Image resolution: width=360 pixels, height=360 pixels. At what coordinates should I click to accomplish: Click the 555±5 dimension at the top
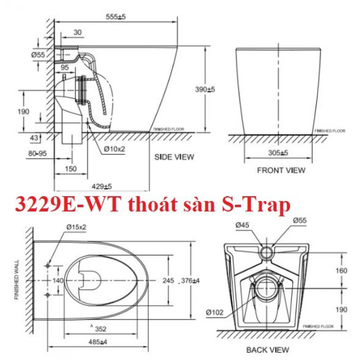click(x=116, y=17)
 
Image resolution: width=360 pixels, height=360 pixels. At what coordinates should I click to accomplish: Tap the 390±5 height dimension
click(x=205, y=89)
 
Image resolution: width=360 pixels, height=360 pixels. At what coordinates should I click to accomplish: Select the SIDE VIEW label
click(x=174, y=157)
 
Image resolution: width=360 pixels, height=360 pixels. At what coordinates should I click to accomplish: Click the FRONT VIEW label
click(x=281, y=170)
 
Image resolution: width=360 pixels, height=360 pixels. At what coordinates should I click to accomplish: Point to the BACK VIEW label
click(x=268, y=349)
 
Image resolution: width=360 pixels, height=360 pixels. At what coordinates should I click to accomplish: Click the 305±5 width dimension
click(x=278, y=153)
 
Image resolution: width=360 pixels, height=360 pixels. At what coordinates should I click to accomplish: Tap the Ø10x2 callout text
click(x=114, y=149)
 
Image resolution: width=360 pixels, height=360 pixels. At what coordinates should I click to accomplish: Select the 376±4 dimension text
click(x=190, y=281)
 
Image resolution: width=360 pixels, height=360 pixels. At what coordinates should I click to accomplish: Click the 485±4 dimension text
click(x=97, y=342)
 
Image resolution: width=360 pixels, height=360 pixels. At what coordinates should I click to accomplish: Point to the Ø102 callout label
click(x=214, y=312)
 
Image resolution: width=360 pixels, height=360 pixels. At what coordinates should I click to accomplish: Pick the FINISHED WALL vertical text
click(x=16, y=279)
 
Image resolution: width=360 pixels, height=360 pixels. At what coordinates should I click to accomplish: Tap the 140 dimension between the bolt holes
click(x=58, y=280)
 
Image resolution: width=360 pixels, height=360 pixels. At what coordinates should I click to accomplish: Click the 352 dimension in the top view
click(x=100, y=329)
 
